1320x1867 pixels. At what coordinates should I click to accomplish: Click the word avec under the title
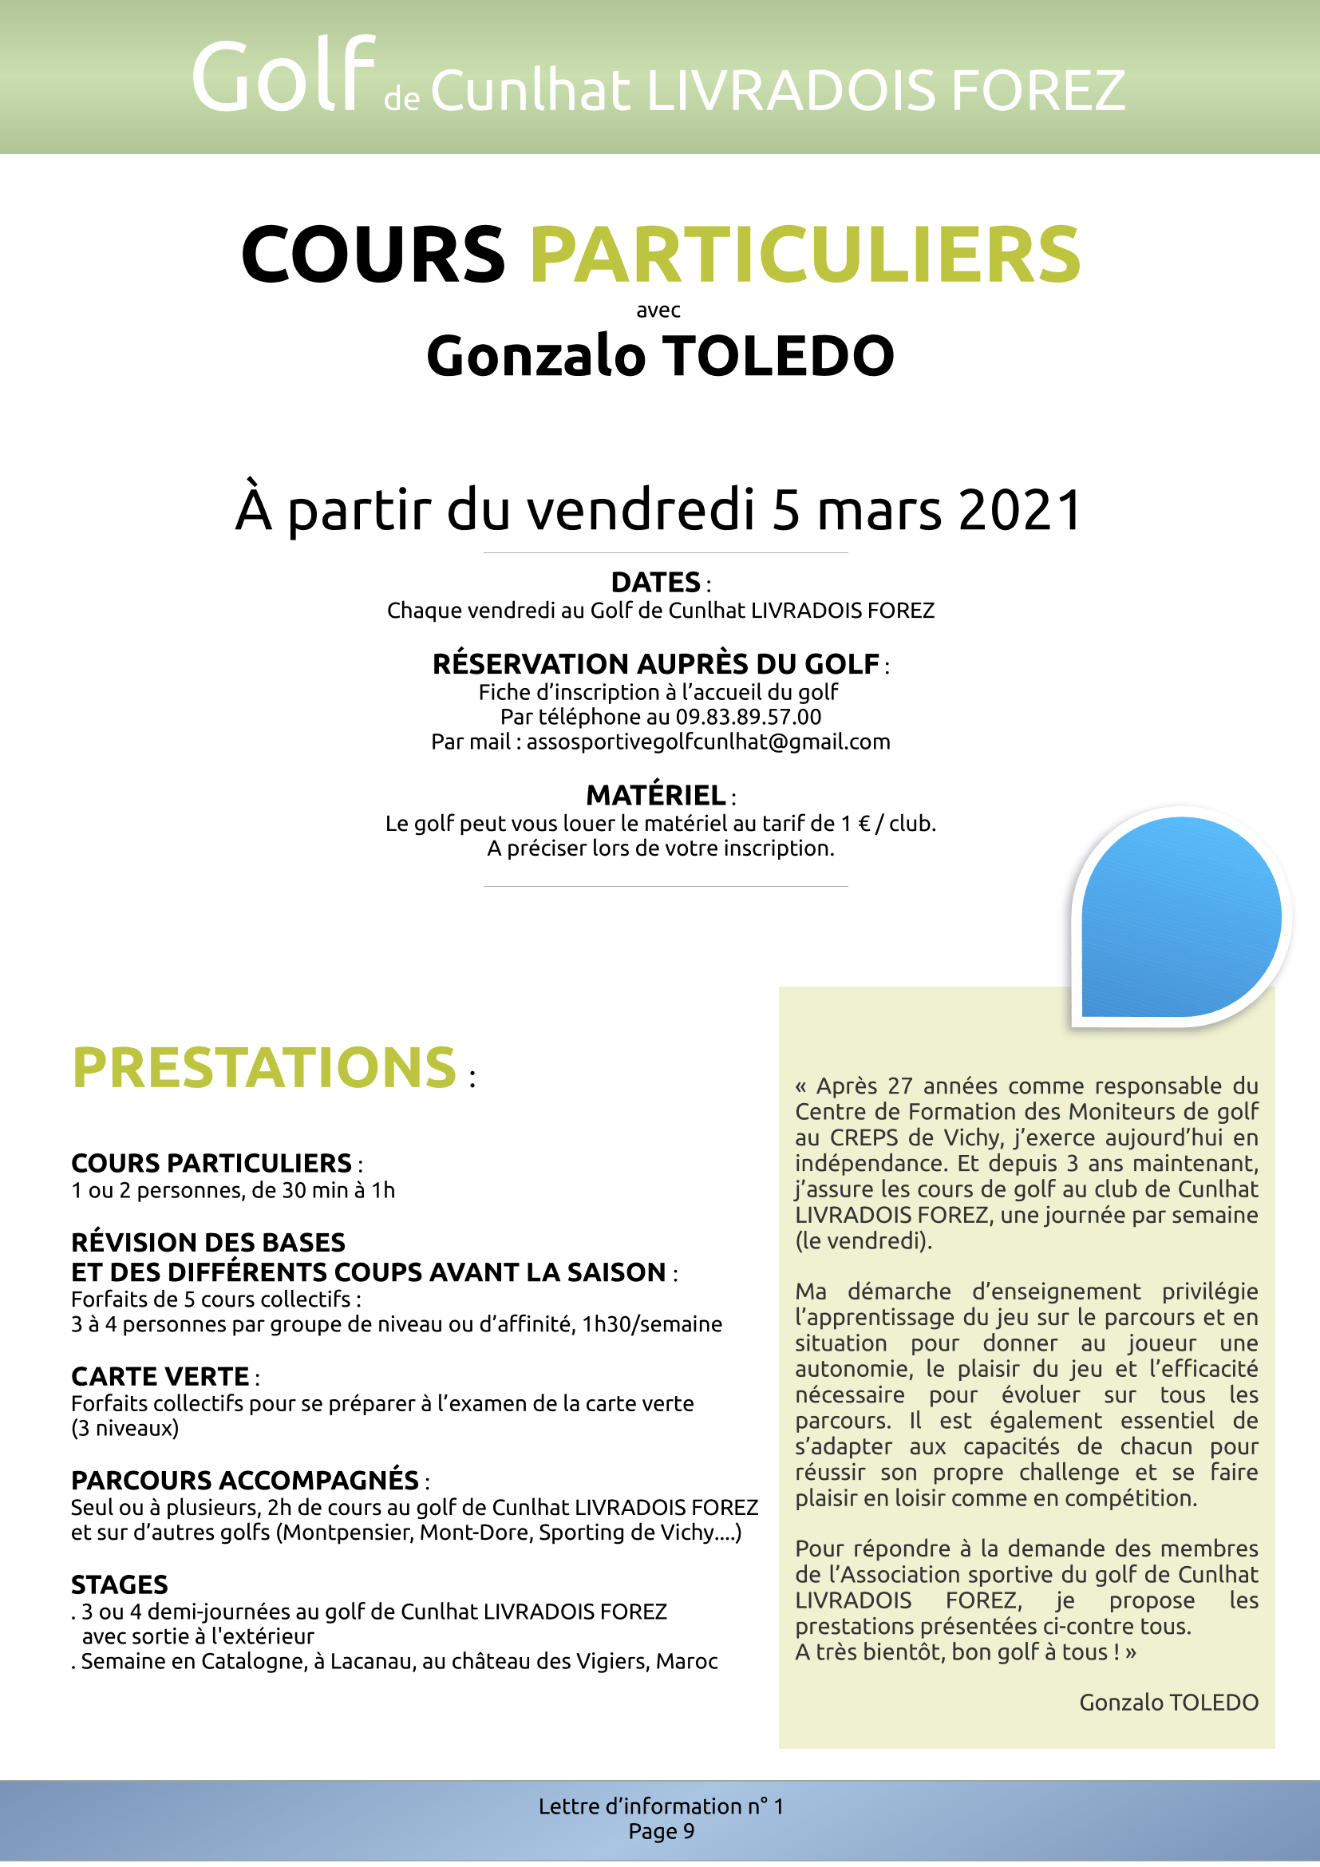coord(658,311)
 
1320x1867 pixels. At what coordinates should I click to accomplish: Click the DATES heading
coord(656,583)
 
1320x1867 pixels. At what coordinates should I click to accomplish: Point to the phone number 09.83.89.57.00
coord(749,718)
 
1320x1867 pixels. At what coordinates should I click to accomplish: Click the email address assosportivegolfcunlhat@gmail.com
coord(708,742)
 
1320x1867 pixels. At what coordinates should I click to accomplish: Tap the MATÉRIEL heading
coord(656,795)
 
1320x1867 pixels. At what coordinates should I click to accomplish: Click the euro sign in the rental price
coord(864,825)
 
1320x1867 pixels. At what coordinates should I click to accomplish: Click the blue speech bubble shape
coord(1180,917)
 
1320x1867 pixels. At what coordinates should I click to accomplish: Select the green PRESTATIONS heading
coord(265,1068)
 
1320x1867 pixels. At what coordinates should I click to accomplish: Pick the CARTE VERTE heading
coord(160,1377)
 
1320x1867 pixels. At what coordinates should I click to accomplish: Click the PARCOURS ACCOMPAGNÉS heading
coord(245,1480)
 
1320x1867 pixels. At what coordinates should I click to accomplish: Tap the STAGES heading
coord(120,1585)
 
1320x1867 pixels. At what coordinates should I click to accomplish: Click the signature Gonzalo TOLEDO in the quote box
coord(1168,1703)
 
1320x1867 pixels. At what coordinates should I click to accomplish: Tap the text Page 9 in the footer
coord(661,1831)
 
